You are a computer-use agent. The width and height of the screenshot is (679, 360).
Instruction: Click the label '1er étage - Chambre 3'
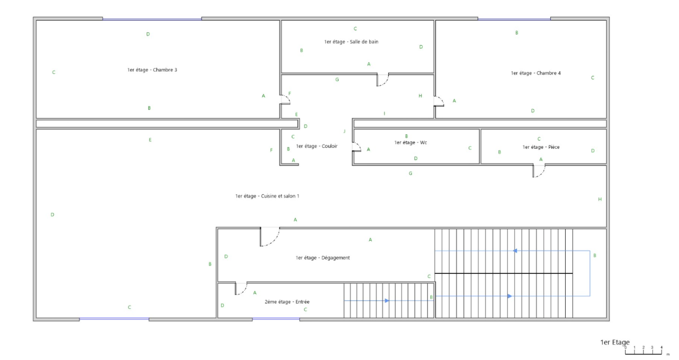(x=152, y=70)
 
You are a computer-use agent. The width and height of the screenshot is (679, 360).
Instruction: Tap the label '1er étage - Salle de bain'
(x=351, y=42)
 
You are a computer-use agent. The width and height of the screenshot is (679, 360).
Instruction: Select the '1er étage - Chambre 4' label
(x=536, y=73)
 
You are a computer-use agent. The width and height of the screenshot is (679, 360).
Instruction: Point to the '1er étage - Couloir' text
(x=317, y=146)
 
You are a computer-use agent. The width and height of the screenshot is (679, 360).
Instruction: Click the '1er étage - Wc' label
(x=411, y=143)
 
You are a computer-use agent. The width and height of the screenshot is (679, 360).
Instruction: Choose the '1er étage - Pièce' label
(x=541, y=147)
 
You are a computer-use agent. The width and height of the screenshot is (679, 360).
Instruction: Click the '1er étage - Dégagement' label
(x=323, y=258)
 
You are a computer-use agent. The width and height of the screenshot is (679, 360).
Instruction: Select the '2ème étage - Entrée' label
(x=287, y=302)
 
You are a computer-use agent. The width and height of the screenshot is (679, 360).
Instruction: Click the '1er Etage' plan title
(x=615, y=343)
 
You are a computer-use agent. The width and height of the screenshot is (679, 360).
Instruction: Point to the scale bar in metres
(x=643, y=352)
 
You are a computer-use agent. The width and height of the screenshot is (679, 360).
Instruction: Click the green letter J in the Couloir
(x=344, y=131)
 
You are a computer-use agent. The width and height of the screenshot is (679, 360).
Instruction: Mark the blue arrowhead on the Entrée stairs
(x=387, y=301)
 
